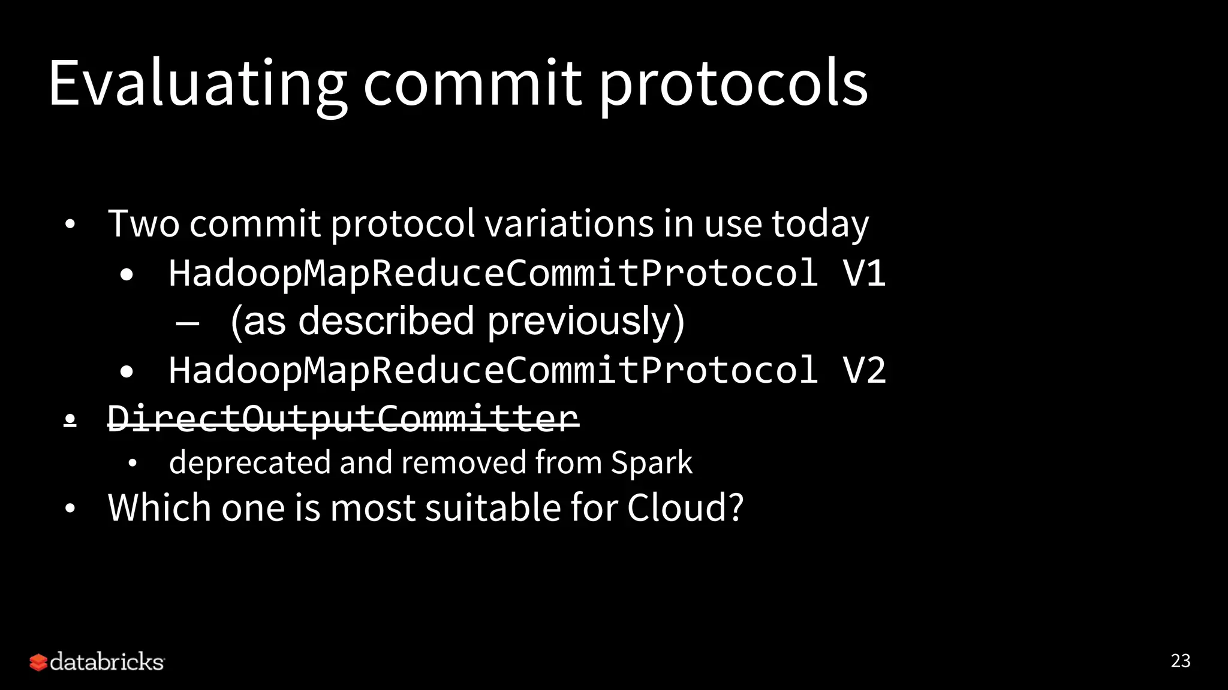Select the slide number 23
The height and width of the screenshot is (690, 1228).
coord(1180,661)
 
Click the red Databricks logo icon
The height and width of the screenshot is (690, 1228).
coord(38,662)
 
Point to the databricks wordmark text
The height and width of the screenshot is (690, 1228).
coord(107,662)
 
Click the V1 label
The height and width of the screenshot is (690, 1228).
coord(863,273)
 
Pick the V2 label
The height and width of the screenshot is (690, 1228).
coord(863,370)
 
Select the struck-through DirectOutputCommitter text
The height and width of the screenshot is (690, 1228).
coord(343,417)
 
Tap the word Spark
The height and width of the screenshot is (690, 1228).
coord(651,462)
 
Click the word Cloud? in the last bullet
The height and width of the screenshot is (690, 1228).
coord(685,507)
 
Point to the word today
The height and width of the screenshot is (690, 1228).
coord(820,223)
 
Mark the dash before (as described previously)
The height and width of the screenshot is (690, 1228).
coord(188,322)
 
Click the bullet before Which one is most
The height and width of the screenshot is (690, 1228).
coord(70,509)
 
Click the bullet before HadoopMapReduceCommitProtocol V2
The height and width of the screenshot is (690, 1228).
coord(127,371)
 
